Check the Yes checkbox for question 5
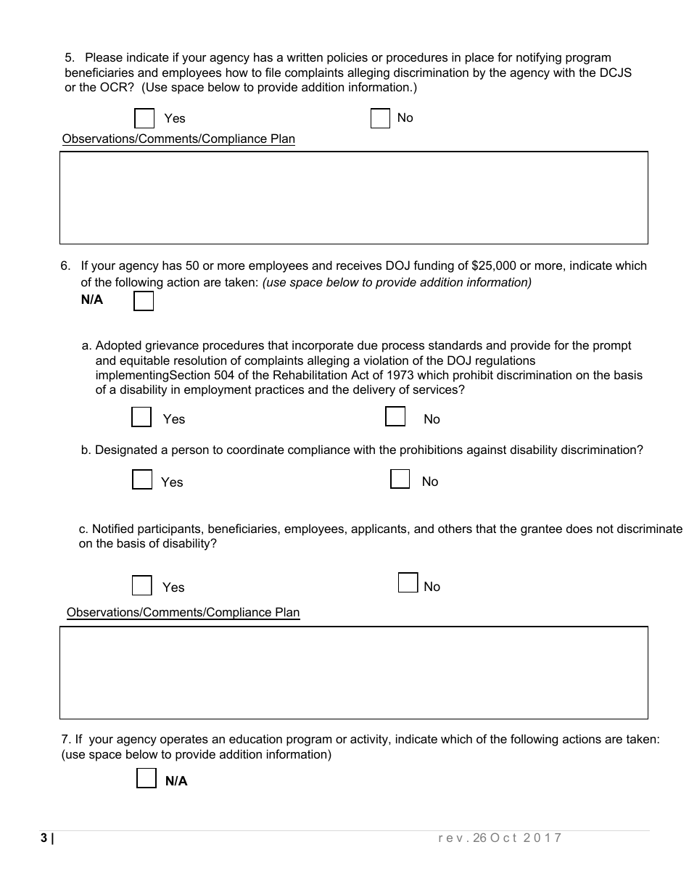(x=144, y=118)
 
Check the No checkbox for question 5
(x=380, y=118)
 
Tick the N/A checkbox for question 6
(x=144, y=301)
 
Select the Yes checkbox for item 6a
(x=141, y=417)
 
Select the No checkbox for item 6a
(x=395, y=416)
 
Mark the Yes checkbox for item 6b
(x=142, y=479)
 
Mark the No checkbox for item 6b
(x=400, y=479)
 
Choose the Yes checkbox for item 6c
(x=142, y=585)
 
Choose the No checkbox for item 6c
(x=408, y=582)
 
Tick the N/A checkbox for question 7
(x=147, y=779)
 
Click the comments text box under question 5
(x=353, y=197)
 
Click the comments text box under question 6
(x=353, y=672)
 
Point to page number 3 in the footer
(x=44, y=838)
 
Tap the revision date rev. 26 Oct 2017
(x=500, y=838)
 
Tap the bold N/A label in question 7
(x=176, y=781)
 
